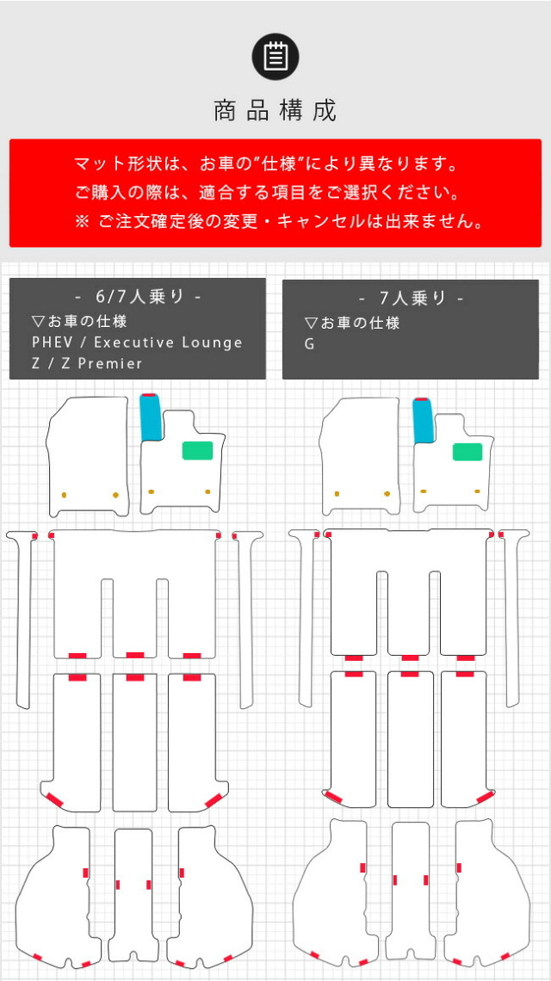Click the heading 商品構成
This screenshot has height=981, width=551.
(275, 111)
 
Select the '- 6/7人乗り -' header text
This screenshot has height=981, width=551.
(137, 297)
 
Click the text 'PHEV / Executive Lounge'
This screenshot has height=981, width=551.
(137, 342)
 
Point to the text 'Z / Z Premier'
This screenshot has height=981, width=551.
(87, 363)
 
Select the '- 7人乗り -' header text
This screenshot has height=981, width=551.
(411, 299)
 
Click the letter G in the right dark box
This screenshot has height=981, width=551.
(309, 344)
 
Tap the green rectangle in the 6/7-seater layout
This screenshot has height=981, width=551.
(197, 450)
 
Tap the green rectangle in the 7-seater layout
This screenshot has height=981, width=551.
(467, 452)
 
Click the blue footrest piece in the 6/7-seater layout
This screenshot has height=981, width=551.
(151, 418)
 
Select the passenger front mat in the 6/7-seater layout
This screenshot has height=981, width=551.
(87, 457)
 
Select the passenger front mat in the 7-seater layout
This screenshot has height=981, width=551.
(359, 457)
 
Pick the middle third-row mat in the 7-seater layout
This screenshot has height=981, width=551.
(410, 739)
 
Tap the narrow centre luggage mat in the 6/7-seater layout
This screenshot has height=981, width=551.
(133, 898)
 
